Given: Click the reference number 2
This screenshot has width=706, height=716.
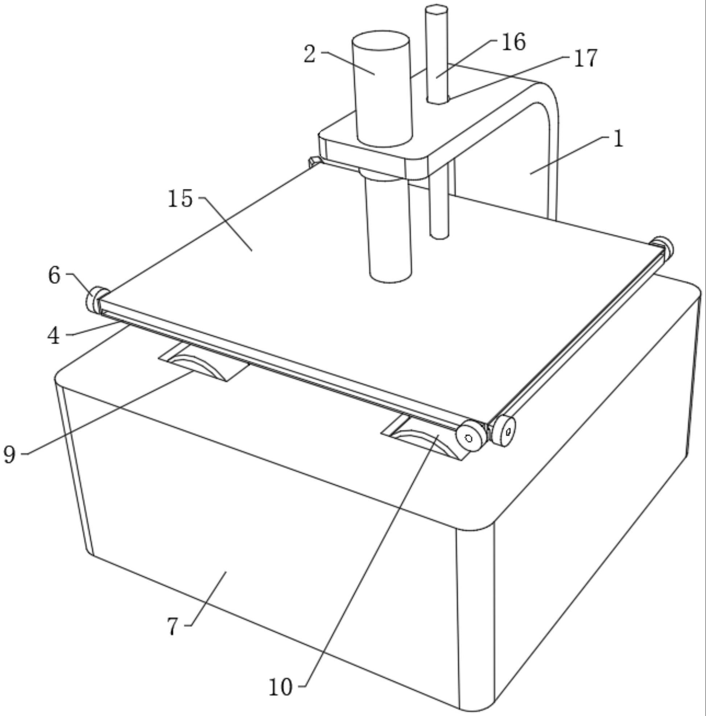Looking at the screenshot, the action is point(310,54).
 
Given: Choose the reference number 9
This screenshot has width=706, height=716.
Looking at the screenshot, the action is point(10,454).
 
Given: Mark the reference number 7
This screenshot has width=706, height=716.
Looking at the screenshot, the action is point(173,627).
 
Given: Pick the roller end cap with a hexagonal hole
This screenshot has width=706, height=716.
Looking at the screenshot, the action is point(503,431).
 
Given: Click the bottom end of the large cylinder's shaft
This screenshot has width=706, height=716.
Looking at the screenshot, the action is point(391,277).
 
